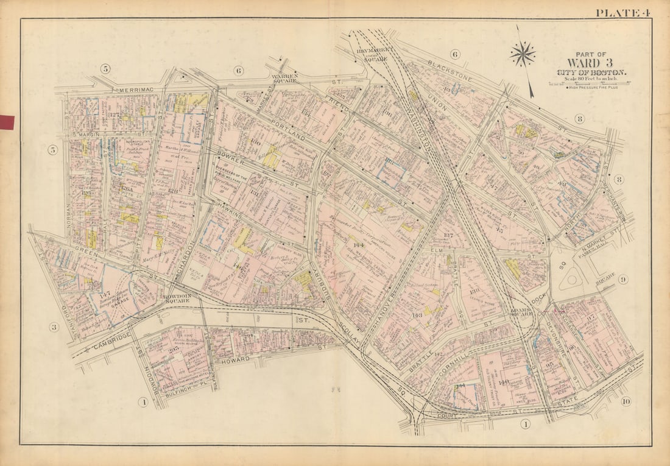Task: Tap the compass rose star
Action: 523,54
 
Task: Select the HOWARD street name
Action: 234,360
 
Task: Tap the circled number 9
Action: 622,280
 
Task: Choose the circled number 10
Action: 626,401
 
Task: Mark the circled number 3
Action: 54,328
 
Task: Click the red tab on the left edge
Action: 7,122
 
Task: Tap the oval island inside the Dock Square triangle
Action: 573,279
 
